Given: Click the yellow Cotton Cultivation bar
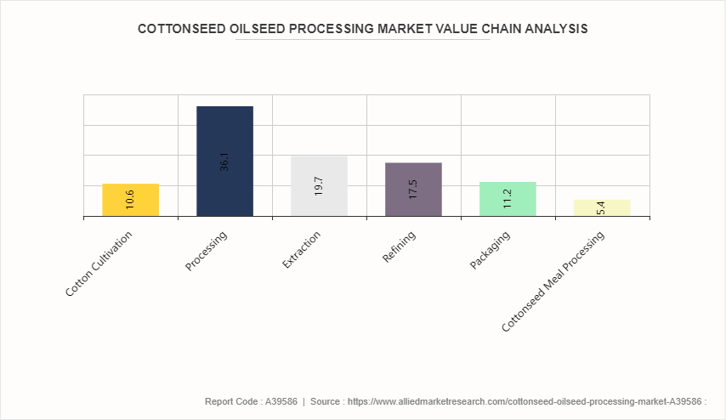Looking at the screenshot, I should click(130, 200).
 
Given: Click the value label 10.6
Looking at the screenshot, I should click(130, 200).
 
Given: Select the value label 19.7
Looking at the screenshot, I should click(319, 186).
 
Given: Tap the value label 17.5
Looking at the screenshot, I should click(413, 189).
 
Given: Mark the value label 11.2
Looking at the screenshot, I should click(508, 199).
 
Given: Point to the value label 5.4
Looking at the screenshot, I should click(601, 207).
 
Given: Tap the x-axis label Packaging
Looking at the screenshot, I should click(491, 249).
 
